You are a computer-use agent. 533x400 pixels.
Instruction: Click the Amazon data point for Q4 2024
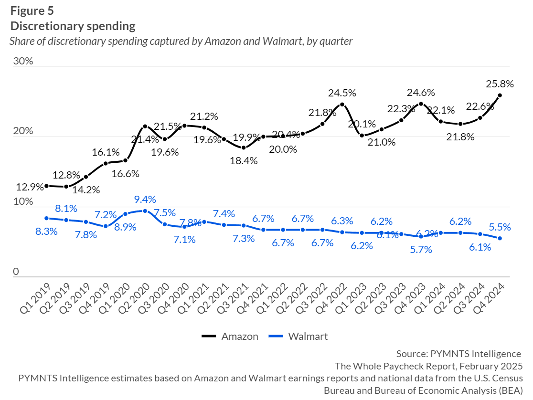click(500, 95)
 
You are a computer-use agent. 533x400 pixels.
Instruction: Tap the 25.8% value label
click(500, 84)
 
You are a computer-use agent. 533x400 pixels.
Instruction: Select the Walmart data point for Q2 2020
click(145, 211)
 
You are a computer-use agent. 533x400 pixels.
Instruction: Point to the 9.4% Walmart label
click(145, 200)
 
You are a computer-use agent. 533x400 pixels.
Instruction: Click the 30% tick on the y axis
click(22, 62)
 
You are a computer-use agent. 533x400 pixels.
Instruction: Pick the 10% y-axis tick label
click(22, 201)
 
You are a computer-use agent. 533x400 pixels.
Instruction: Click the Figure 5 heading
click(32, 11)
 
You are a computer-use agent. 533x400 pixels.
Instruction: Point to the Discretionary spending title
click(73, 26)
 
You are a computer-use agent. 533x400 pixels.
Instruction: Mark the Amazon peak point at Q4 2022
click(342, 104)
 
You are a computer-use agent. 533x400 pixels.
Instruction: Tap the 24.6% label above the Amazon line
click(421, 92)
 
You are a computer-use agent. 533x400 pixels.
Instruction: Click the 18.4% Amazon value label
click(244, 161)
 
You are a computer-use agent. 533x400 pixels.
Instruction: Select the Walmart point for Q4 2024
click(500, 238)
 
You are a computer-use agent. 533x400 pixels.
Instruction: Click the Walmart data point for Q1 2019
click(47, 218)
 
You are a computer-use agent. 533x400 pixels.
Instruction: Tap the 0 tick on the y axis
click(16, 272)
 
